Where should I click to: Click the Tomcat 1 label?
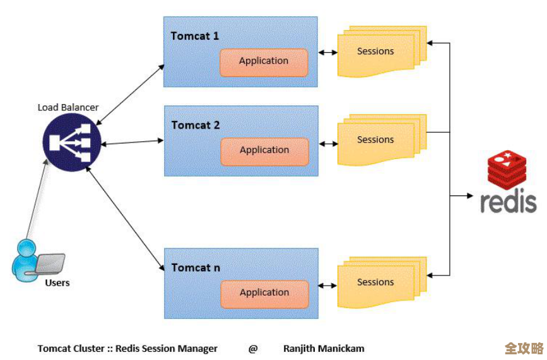coord(195,36)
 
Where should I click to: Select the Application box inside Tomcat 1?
coord(264,62)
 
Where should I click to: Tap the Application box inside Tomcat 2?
coord(264,151)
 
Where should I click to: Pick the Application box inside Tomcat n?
coord(264,293)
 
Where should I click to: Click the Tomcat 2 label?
coord(196,125)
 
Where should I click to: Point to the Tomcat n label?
coord(196,268)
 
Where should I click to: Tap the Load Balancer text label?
coord(68,107)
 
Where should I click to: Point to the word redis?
coord(509,202)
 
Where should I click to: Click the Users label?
coord(57,283)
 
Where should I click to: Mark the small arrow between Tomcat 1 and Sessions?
coord(327,52)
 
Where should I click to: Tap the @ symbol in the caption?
coord(253,349)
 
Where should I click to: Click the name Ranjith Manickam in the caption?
coord(324,349)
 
